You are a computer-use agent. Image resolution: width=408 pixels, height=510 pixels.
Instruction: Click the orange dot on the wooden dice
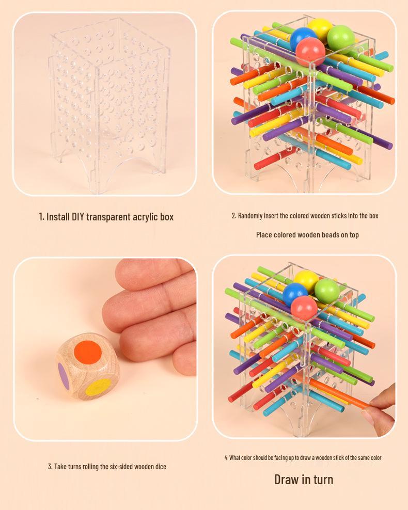click(88, 352)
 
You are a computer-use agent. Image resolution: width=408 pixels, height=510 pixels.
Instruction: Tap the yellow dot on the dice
click(98, 387)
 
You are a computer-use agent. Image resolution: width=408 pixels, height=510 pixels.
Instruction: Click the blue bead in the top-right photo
click(303, 38)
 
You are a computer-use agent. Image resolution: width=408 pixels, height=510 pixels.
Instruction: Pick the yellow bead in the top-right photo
click(320, 28)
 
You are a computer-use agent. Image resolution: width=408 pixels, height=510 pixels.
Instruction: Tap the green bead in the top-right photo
click(341, 39)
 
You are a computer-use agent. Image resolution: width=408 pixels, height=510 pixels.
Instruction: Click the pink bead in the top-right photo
click(311, 52)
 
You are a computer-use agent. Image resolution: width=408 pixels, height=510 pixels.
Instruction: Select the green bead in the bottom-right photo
click(327, 291)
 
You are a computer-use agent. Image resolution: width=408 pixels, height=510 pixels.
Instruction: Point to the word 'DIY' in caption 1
click(78, 217)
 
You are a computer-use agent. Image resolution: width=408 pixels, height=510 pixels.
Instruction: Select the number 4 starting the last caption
click(226, 458)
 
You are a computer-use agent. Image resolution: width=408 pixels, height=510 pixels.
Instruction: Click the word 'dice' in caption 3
click(161, 467)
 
